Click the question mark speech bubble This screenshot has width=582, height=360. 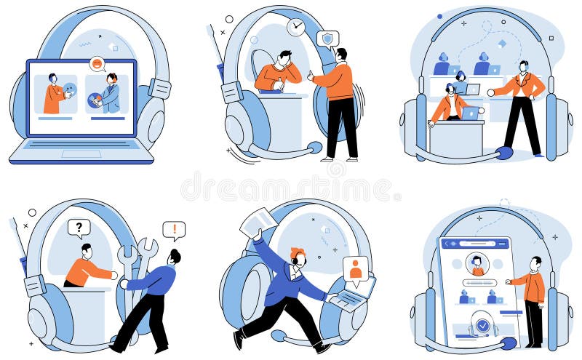[79, 228]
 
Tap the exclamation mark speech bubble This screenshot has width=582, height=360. [174, 231]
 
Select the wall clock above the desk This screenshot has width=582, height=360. [295, 27]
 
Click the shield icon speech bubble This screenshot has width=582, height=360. [328, 39]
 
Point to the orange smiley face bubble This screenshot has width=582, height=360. [97, 64]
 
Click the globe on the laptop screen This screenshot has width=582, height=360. [95, 100]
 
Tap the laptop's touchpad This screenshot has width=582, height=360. [81, 153]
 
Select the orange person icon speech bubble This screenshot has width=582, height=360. [356, 269]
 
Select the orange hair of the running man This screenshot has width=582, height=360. [297, 252]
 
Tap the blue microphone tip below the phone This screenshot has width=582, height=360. [509, 343]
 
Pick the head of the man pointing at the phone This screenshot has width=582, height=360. [535, 262]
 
